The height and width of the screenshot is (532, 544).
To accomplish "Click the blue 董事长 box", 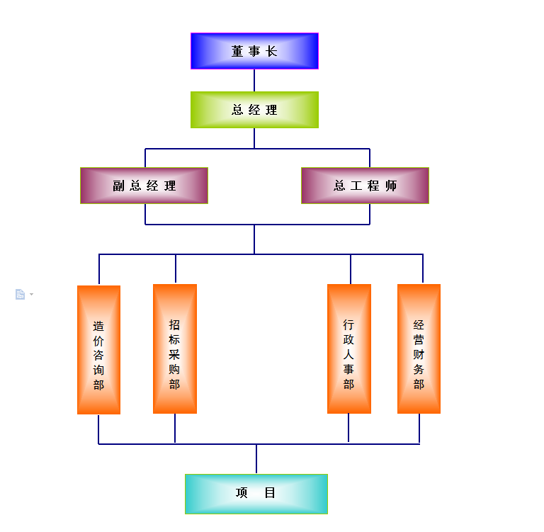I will [x=254, y=51].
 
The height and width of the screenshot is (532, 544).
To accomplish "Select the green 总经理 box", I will [x=254, y=110].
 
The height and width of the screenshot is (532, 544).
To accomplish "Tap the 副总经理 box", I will [x=144, y=186].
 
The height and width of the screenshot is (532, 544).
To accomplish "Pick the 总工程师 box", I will [x=365, y=186].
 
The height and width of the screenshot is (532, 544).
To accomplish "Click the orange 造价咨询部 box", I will [x=98, y=349].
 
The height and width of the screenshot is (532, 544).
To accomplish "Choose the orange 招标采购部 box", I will [x=175, y=349].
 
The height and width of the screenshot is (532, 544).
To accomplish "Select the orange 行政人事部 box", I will [x=348, y=349].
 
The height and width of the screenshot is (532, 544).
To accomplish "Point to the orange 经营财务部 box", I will [x=419, y=349].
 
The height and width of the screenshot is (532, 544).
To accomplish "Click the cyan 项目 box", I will [x=256, y=494].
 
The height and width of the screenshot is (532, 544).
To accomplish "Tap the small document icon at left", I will [x=20, y=294].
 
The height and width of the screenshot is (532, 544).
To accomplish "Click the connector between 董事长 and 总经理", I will [x=254, y=80].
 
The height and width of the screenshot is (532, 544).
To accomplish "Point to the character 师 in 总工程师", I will [x=392, y=186].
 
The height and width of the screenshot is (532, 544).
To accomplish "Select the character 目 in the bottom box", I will [x=270, y=494].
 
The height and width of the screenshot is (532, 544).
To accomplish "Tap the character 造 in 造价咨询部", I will [x=98, y=327].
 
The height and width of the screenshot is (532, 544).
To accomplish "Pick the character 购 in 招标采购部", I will [x=175, y=369].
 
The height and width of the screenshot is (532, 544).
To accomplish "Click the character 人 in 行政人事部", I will [x=348, y=354].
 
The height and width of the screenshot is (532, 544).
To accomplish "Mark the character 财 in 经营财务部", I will [x=419, y=355].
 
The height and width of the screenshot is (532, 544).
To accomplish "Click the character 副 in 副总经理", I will [x=118, y=186].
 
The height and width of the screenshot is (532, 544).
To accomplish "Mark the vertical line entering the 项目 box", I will [x=256, y=459].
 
